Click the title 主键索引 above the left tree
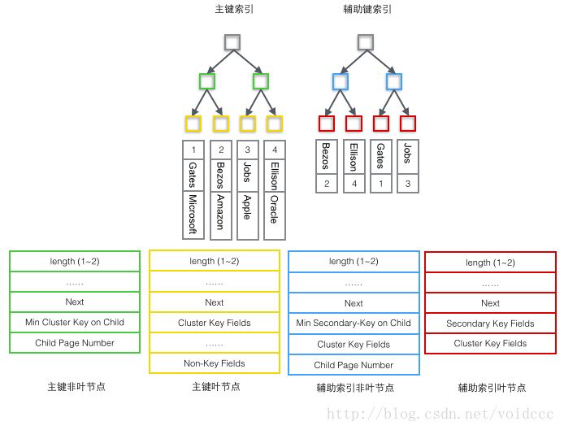tap(234, 10)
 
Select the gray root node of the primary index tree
tap(233, 43)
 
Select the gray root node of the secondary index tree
tap(366, 43)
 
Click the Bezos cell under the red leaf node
tap(326, 156)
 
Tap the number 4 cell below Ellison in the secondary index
tap(353, 185)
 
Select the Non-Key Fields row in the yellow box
tap(215, 363)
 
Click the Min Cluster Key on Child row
tap(75, 322)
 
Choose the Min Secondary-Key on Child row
tap(354, 323)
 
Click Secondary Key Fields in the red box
tap(490, 324)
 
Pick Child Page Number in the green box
tap(75, 343)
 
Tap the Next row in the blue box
tap(354, 303)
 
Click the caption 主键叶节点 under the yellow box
tap(215, 388)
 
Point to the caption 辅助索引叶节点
tap(490, 389)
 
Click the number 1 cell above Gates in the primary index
tap(193, 150)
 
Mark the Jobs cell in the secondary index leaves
tap(406, 156)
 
